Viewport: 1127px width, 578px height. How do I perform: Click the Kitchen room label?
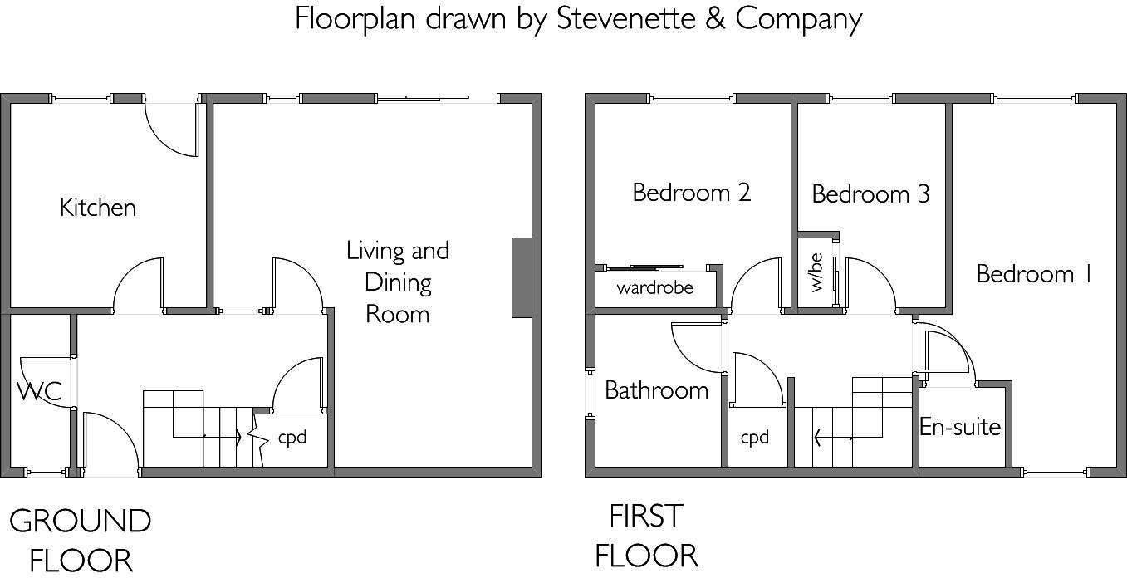click(x=98, y=208)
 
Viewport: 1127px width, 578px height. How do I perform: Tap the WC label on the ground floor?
click(x=40, y=391)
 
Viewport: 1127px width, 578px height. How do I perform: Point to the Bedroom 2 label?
click(x=692, y=193)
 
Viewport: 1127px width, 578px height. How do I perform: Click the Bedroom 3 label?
click(x=871, y=194)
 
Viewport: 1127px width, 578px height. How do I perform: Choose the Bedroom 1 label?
click(x=1034, y=274)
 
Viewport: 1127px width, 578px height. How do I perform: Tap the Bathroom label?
click(x=657, y=390)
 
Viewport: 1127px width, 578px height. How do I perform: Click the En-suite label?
click(x=960, y=427)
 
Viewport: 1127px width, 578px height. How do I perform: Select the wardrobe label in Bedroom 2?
click(x=655, y=287)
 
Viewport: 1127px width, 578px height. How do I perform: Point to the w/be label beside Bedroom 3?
click(x=817, y=272)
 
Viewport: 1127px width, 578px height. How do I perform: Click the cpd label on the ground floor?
click(x=292, y=438)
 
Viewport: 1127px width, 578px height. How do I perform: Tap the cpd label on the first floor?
click(x=755, y=438)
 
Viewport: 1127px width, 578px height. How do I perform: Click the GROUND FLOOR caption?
click(x=81, y=541)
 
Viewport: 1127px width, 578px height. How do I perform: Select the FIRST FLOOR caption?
click(x=646, y=536)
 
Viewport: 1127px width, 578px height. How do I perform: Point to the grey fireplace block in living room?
click(x=522, y=277)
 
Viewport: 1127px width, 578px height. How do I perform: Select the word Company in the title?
click(x=799, y=20)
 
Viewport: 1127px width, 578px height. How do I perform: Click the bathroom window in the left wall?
click(x=590, y=394)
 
